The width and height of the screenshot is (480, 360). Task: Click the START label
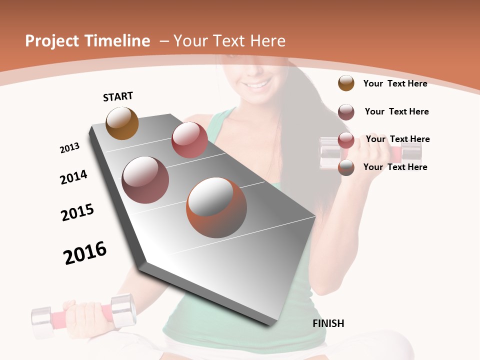[118, 96]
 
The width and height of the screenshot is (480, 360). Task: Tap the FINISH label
[328, 323]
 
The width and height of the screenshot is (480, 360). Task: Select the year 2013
[69, 148]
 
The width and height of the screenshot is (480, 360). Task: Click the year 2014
[73, 177]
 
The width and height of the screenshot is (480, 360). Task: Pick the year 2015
[77, 212]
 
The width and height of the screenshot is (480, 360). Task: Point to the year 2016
[85, 253]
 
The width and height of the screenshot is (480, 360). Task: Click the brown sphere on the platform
[122, 123]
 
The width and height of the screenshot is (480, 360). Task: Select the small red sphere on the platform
[189, 140]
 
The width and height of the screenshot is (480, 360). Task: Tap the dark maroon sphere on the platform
[145, 180]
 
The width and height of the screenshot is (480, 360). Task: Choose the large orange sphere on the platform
[216, 207]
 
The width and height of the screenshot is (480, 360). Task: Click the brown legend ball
[346, 83]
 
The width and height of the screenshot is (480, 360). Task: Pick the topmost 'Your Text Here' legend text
[395, 83]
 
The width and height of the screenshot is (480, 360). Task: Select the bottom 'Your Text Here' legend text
[395, 167]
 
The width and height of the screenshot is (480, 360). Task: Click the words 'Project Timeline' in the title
[87, 41]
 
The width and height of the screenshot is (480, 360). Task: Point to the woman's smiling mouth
[257, 84]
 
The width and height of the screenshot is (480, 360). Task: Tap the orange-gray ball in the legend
[346, 167]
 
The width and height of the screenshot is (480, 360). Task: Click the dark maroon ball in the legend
[346, 112]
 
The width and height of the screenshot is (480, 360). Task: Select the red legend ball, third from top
[346, 140]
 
